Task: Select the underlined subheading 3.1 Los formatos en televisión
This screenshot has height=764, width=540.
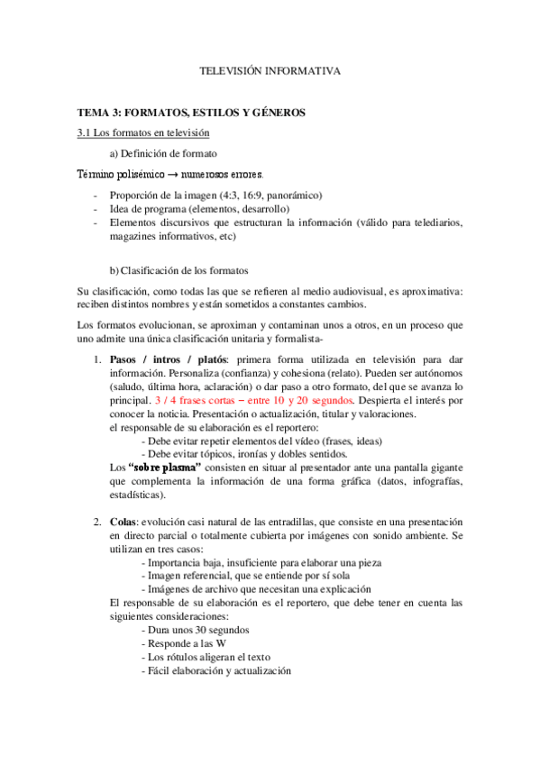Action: point(143,133)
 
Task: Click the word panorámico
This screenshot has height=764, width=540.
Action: point(289,196)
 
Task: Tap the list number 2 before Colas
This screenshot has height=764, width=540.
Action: point(97,522)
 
